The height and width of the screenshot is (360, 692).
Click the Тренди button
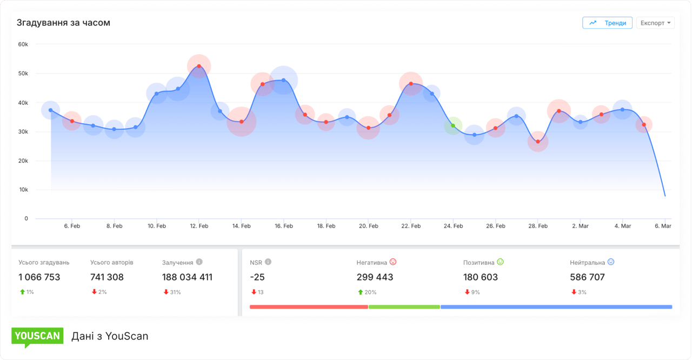tap(607, 23)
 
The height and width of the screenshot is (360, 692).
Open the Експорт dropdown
tap(655, 23)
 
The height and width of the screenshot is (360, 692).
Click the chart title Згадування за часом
tap(63, 23)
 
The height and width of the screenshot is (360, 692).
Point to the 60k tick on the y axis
tap(23, 44)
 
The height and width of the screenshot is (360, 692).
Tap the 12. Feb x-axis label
tap(199, 226)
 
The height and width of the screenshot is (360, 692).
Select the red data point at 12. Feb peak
tap(199, 66)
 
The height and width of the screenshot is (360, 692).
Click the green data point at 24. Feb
tap(453, 125)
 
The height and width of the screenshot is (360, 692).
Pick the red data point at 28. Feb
tap(538, 142)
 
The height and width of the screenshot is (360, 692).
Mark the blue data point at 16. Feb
tap(284, 80)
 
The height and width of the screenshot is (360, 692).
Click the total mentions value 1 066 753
tap(39, 277)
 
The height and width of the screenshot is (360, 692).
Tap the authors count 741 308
tap(107, 277)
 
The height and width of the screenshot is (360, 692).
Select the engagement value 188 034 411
tap(187, 277)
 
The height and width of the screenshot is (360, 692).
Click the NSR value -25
tap(257, 277)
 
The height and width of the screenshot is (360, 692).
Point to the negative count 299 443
tap(375, 277)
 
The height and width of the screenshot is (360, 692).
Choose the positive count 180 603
tap(481, 277)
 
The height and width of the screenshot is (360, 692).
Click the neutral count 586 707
tap(587, 277)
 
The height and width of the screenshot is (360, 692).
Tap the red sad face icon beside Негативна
tap(393, 262)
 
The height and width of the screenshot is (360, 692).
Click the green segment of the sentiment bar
tap(404, 307)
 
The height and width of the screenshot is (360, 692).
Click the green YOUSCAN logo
tap(37, 336)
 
